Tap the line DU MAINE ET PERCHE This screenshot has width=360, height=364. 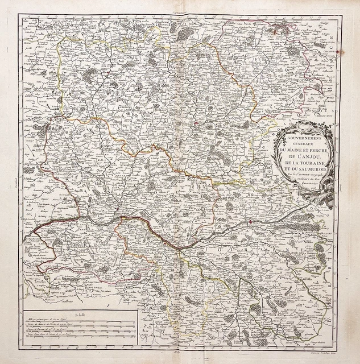[x=300, y=149]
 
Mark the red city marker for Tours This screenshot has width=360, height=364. [x=251, y=217]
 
